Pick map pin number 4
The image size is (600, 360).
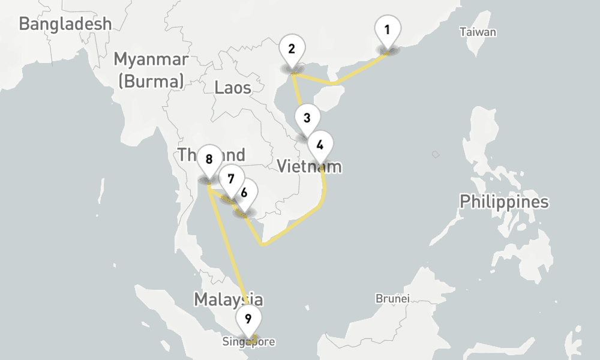point(320,145)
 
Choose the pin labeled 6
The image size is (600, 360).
point(244,193)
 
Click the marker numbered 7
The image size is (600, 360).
point(231,179)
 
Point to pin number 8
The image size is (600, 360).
point(209,160)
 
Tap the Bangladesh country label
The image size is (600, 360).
point(65,23)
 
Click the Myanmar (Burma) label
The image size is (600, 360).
point(151,70)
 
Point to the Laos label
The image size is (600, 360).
point(233,88)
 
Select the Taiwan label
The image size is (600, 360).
point(478,32)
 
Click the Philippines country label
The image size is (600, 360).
point(504,202)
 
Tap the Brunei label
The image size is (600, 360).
point(392,298)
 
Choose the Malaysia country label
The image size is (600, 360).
point(228,299)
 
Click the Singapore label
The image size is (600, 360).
point(248,343)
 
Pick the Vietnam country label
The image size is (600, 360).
point(309,166)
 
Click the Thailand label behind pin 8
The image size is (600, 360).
point(186,154)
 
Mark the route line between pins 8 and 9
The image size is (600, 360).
point(228,246)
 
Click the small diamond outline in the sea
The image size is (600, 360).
point(436,155)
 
